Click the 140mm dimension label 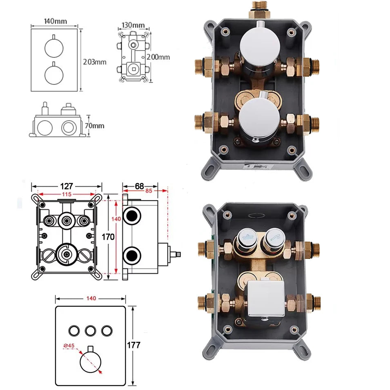pos(55,21)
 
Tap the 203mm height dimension pos(94,62)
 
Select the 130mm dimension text pos(133,25)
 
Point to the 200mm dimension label pos(158,57)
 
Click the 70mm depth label pos(94,126)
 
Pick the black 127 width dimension pos(67,186)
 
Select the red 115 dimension pos(67,194)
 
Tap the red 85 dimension pos(149,191)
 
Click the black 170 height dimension pos(108,237)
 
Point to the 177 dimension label pos(134,345)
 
